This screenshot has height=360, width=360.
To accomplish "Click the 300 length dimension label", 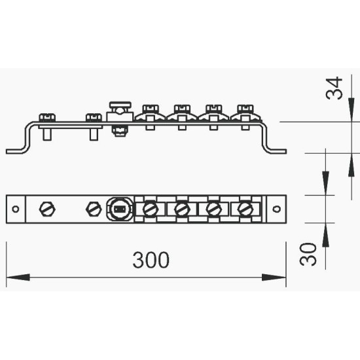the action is (151, 260).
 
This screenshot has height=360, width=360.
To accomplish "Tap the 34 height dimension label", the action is (334, 88).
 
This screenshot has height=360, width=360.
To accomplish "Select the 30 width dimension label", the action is (308, 254).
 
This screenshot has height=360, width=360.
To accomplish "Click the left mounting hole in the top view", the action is (16, 209).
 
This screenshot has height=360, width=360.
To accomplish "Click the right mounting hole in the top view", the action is (276, 209).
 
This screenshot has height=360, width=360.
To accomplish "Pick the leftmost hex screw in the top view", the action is (47, 209).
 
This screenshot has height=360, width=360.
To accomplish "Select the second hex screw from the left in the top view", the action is (94, 209).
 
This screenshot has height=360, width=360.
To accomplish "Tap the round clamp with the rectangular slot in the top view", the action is (120, 209).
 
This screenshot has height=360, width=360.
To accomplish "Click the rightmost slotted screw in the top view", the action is (245, 209).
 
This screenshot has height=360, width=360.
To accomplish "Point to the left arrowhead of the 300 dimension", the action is (18, 277).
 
